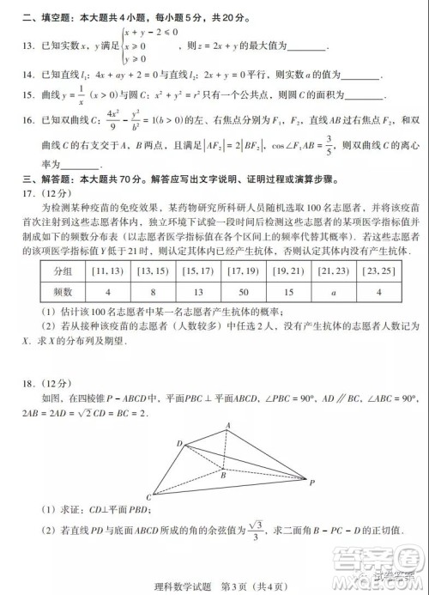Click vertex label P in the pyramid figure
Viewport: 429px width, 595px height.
pyautogui.click(x=312, y=482)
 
